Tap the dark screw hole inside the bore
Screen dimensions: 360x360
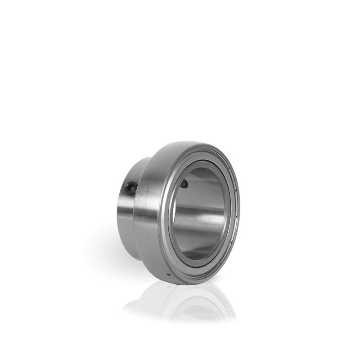pos(184,184)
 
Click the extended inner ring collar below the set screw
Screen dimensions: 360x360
pos(129,216)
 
